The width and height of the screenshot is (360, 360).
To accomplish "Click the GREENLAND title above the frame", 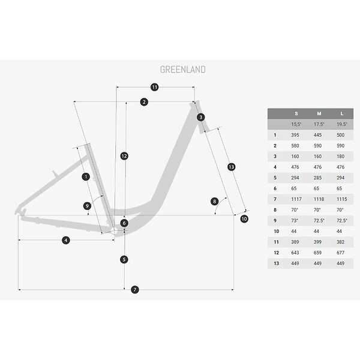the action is point(183,70).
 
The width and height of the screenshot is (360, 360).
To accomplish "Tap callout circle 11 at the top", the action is point(155,87).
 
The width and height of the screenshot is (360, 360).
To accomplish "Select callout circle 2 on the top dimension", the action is point(144,102).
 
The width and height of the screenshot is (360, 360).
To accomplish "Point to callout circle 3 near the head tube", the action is point(201,117).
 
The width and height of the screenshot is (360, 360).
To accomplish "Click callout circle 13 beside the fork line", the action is point(231,167).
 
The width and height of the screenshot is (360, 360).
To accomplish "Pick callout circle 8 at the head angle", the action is point(214,202).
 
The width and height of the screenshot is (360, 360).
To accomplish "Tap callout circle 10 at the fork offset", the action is point(244,219).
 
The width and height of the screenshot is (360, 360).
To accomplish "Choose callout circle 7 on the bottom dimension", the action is point(135,290).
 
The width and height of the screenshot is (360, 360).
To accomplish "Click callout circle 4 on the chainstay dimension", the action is point(66,241).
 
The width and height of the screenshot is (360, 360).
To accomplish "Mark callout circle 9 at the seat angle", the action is point(87,206).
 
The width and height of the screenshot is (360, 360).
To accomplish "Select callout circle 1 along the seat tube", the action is point(86,176).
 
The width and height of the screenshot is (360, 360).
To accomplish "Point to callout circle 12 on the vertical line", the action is point(124,156).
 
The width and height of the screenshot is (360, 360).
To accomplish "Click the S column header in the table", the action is point(296,113).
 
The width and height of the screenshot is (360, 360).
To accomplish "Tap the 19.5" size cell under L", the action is point(341,124).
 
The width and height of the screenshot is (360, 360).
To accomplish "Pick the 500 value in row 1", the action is point(340,135).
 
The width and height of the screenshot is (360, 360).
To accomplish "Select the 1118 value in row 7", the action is point(319,199).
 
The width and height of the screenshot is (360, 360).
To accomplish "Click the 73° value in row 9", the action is point(295,221).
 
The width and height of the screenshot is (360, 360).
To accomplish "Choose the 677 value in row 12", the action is point(340,253).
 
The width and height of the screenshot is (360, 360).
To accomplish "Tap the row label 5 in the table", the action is point(275,178).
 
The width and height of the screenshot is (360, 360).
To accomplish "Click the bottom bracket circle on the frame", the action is point(114,231).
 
